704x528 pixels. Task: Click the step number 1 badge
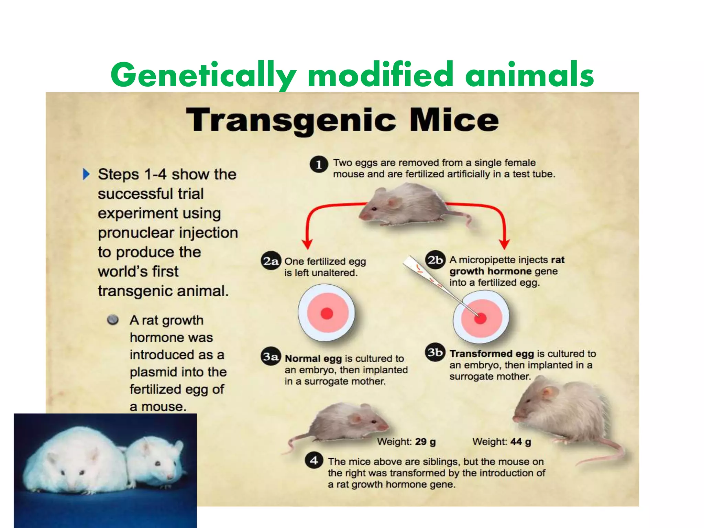319,165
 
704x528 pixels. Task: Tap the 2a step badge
271,262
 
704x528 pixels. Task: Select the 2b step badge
435,260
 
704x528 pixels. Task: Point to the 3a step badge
271,356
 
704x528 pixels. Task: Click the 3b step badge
435,352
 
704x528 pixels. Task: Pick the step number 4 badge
314,461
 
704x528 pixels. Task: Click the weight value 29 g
425,442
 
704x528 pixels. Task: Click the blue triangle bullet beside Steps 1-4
86,174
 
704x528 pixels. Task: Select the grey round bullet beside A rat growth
113,320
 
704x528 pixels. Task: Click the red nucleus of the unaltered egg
327,313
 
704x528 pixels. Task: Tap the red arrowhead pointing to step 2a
308,244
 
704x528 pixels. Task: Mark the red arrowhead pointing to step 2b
504,244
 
